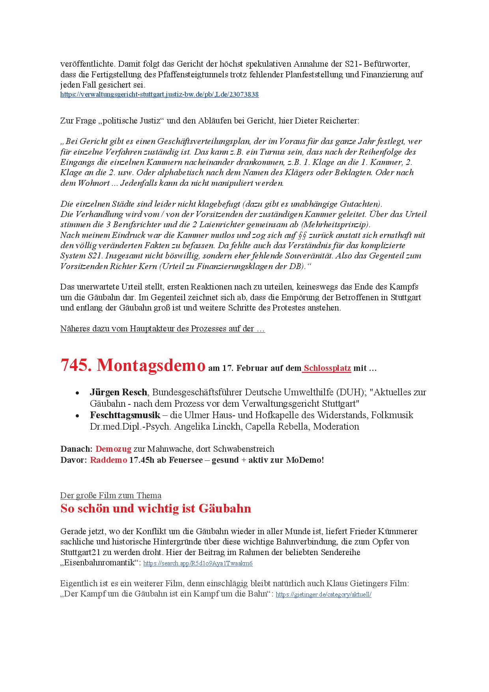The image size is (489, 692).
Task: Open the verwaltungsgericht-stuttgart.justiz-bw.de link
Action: [159, 95]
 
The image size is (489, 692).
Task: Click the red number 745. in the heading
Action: [76, 365]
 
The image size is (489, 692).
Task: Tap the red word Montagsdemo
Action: [151, 365]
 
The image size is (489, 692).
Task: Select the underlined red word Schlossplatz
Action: [327, 368]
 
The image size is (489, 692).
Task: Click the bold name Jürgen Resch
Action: [118, 392]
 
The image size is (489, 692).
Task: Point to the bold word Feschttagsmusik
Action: [125, 415]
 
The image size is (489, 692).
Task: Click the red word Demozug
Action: [113, 449]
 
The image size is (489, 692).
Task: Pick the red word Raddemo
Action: [108, 460]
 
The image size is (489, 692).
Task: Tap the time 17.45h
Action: [142, 460]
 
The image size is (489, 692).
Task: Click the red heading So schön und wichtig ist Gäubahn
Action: [156, 509]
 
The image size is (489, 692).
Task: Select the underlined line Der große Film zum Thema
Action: [111, 496]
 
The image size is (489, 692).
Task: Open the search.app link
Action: [198, 563]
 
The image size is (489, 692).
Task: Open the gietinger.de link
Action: [323, 595]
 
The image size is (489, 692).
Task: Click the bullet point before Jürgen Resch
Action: [78, 393]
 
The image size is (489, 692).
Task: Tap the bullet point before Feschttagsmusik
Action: [78, 416]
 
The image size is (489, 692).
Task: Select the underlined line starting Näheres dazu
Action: [162, 329]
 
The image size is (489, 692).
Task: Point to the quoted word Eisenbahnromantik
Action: [99, 563]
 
